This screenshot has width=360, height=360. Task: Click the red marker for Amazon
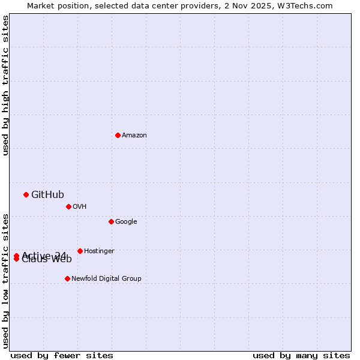(118, 135)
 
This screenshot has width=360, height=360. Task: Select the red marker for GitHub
(26, 194)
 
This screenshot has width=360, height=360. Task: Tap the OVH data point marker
(68, 206)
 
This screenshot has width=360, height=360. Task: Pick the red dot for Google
(111, 221)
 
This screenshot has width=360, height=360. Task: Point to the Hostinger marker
(80, 251)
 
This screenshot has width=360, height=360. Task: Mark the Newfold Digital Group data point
(67, 278)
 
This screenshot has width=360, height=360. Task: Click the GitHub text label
(47, 194)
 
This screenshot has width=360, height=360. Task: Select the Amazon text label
(134, 135)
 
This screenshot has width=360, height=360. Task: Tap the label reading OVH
(80, 206)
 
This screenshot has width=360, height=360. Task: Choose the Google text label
(126, 221)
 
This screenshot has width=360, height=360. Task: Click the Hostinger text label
(99, 251)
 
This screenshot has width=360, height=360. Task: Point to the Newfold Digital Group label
(106, 278)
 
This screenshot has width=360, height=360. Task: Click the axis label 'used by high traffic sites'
(6, 85)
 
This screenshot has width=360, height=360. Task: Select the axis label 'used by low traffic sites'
(6, 280)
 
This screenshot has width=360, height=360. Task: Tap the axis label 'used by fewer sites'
(62, 355)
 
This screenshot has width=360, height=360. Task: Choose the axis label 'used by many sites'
(301, 355)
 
